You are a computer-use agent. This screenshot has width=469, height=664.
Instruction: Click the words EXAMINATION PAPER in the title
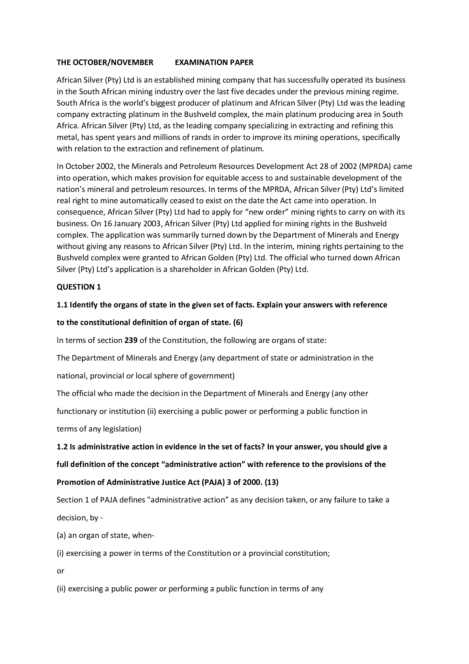214,62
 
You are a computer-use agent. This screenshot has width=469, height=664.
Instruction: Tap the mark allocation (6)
238,322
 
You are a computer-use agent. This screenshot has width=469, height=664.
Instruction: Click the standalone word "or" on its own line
60,571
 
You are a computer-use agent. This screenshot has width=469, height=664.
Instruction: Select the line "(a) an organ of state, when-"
105,535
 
